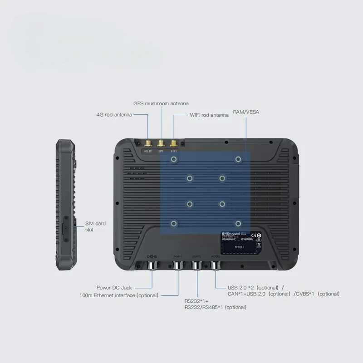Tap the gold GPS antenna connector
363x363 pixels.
(x=161, y=144)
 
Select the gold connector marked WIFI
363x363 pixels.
(x=173, y=144)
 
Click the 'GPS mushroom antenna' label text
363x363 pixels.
(x=161, y=103)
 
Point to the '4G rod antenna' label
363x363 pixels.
(x=114, y=115)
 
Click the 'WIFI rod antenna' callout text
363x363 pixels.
(x=209, y=115)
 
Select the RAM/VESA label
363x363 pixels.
(x=246, y=111)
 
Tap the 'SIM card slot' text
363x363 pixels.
(x=95, y=226)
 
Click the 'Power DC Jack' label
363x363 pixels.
(x=114, y=287)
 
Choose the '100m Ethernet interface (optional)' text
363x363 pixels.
(x=119, y=295)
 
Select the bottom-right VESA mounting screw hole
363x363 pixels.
(x=238, y=223)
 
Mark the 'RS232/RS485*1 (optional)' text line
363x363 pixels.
(x=216, y=307)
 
